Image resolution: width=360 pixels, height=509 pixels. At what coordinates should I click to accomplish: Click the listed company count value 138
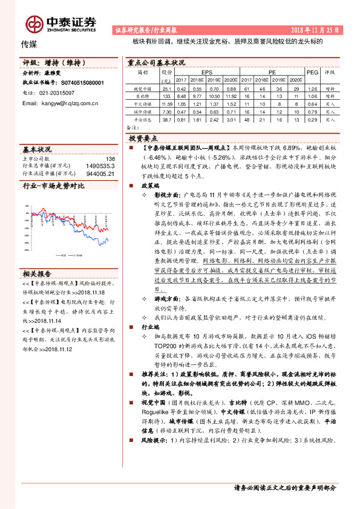coord(110,158)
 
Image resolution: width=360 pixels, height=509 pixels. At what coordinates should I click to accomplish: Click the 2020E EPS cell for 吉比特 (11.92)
coord(231,96)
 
